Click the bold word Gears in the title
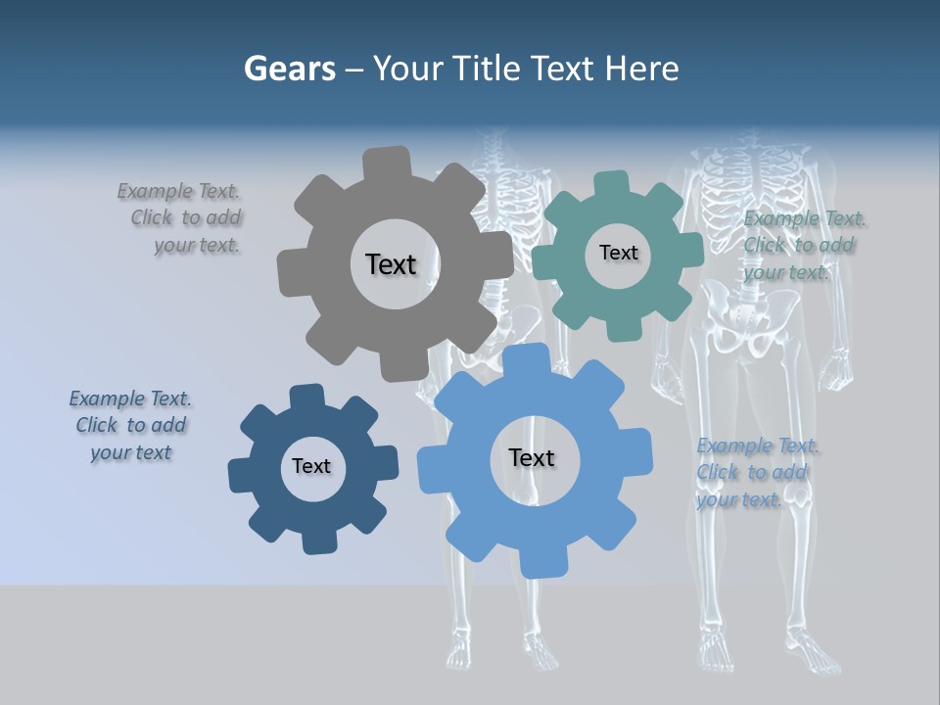[x=289, y=69]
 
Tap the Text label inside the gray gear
[x=391, y=264]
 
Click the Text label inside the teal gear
[x=618, y=253]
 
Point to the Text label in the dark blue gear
[x=311, y=467]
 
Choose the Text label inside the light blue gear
[x=532, y=458]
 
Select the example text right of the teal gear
[x=801, y=245]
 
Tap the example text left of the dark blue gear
[x=130, y=425]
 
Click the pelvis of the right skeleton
[x=750, y=323]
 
